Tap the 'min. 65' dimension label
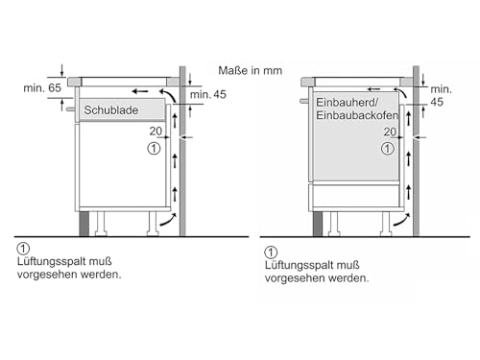pos(43,88)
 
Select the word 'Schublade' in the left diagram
pos(111,110)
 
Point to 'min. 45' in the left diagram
pos(208,94)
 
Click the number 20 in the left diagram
pos(155,132)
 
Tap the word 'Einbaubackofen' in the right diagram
pos(353,115)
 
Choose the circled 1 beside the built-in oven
pos(388,148)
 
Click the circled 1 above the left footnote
pos(23,249)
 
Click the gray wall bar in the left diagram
pos(182,154)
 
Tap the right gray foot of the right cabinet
pos(388,223)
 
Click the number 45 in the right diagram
pos(437,102)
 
